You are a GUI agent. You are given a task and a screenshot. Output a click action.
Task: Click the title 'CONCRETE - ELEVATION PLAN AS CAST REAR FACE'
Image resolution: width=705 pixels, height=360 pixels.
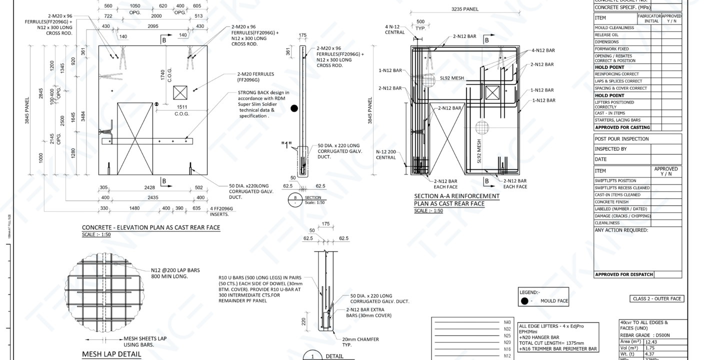pos(150,227)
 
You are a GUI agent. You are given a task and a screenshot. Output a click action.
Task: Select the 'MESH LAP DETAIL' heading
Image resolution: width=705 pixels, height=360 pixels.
pos(111,354)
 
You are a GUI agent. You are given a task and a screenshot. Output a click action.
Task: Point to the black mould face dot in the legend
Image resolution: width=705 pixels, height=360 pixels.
pos(524,301)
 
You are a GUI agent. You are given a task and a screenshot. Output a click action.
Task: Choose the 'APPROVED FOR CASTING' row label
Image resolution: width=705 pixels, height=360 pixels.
pos(622,127)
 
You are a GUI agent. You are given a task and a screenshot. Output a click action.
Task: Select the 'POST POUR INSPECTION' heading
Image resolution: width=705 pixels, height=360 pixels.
pos(621,139)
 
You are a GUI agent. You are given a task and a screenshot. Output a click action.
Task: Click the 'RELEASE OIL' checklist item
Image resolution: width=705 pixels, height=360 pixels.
pos(606,35)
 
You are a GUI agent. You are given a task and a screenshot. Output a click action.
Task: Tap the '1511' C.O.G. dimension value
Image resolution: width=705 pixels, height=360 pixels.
pos(181,107)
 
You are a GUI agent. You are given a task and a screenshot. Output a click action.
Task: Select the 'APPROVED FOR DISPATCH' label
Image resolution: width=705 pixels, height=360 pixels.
pos(623,274)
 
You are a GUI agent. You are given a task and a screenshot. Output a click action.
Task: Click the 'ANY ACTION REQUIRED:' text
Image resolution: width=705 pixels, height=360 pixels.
pos(621,230)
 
